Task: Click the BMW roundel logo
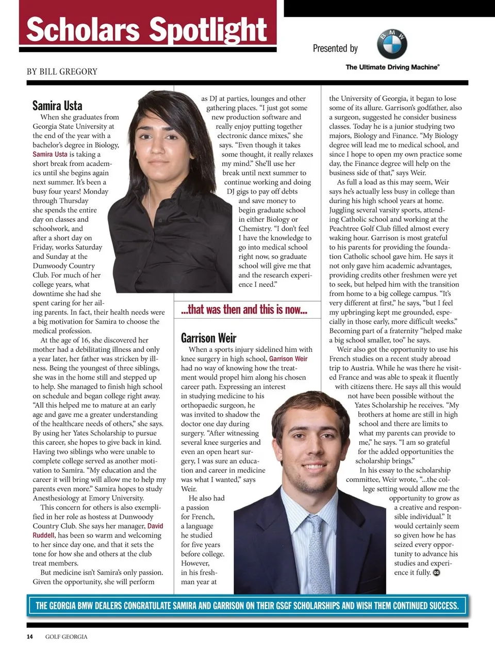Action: click(392, 45)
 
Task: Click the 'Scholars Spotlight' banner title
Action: click(147, 29)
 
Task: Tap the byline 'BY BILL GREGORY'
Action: click(62, 72)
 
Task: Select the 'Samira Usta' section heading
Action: click(57, 106)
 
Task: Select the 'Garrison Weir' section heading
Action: click(208, 338)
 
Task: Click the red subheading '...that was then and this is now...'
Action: click(244, 309)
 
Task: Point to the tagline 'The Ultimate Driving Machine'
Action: click(392, 67)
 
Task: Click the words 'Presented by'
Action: click(335, 48)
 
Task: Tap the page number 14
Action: click(30, 636)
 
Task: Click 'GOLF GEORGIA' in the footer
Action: click(66, 636)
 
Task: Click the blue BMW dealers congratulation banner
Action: click(247, 606)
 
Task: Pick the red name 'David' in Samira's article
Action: click(155, 526)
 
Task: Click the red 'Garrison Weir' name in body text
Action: click(288, 359)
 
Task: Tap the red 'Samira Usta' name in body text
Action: click(50, 154)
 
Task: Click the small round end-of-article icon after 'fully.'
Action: click(436, 573)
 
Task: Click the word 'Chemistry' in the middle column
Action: click(255, 229)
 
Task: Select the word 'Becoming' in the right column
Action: click(345, 331)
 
